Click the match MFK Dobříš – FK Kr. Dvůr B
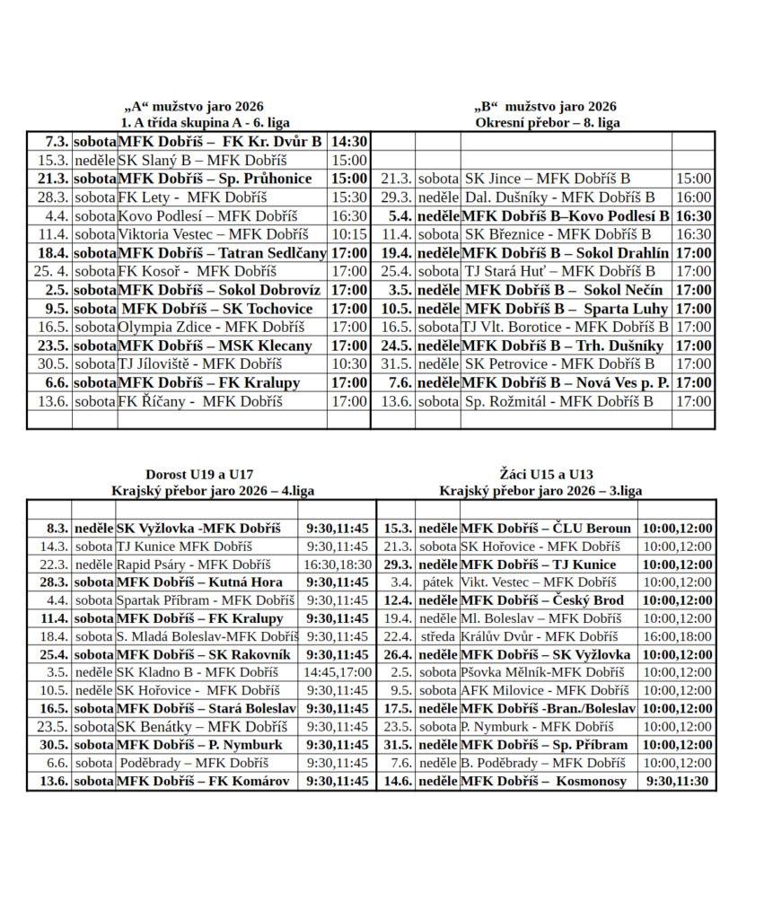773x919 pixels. pos(220,142)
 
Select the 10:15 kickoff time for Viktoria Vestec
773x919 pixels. pos(349,234)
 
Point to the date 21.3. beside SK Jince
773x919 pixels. pos(395,179)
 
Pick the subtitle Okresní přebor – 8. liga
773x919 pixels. pos(548,122)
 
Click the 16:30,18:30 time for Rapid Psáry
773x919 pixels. pos(337,565)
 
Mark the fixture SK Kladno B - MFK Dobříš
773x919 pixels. pos(198,672)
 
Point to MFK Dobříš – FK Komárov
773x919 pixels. pos(204,781)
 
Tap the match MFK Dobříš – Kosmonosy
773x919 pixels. pos(543,781)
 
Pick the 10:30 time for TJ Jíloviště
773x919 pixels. pos(349,363)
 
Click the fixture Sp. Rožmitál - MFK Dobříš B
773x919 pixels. pos(558,401)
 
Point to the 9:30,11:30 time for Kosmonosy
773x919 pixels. pos(678,781)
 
